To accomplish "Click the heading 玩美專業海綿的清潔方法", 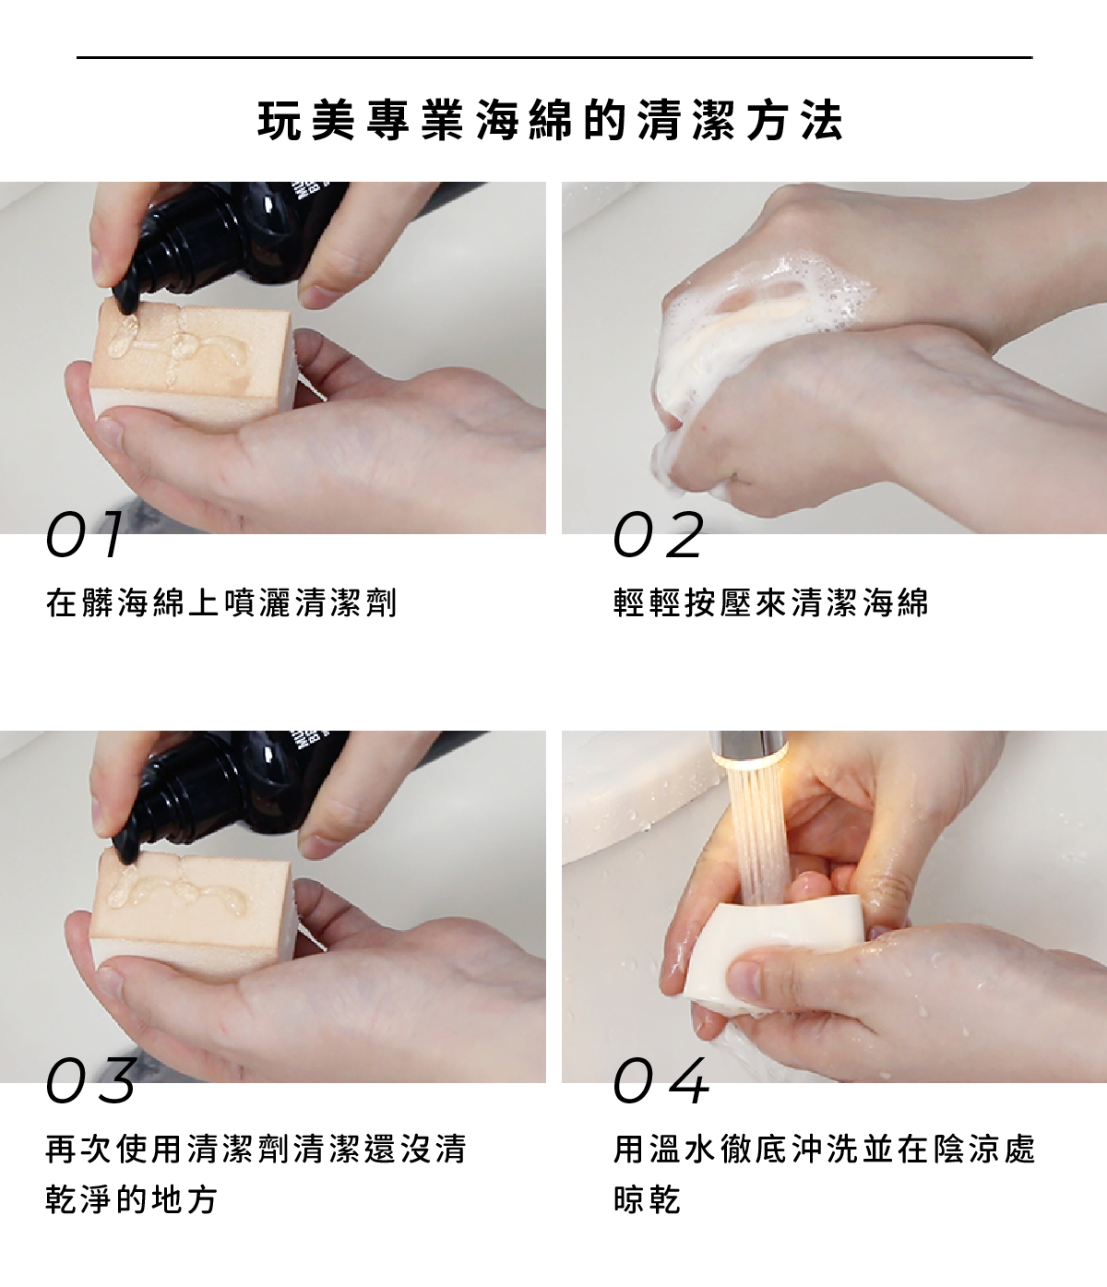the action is tap(551, 120).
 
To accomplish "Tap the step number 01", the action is tap(85, 534).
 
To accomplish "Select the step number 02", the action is tap(658, 534).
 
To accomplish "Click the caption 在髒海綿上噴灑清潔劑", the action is tap(221, 602).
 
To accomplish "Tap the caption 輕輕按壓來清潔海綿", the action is tap(771, 602).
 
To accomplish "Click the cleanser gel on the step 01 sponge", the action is tap(174, 347).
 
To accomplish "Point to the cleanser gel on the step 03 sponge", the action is tap(175, 894).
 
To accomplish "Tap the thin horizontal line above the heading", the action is tap(554, 57).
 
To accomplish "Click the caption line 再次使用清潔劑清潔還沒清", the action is tap(256, 1149).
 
